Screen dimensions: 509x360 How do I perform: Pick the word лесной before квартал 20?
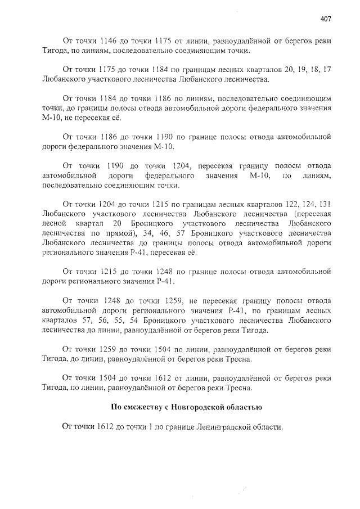point(54,223)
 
